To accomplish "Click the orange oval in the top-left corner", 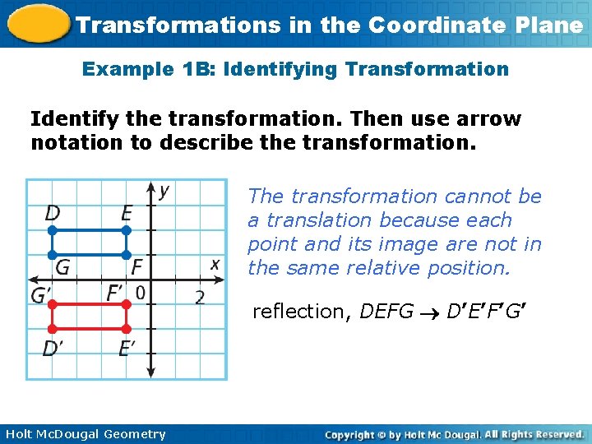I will coord(36,22).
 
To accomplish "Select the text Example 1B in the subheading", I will coord(127,69).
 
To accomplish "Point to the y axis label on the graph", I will coord(164,191).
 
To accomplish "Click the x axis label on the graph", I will coord(215,264).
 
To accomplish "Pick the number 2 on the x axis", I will coord(200,297).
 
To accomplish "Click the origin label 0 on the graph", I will coord(141,292).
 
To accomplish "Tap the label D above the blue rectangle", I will coord(52,213).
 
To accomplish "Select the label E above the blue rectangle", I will coord(126,213).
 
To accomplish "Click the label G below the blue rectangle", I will coord(62,267).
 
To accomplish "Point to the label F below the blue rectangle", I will coord(136,267).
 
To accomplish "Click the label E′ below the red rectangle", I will coord(127,349).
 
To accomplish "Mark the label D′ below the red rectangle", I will coord(52,349).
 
